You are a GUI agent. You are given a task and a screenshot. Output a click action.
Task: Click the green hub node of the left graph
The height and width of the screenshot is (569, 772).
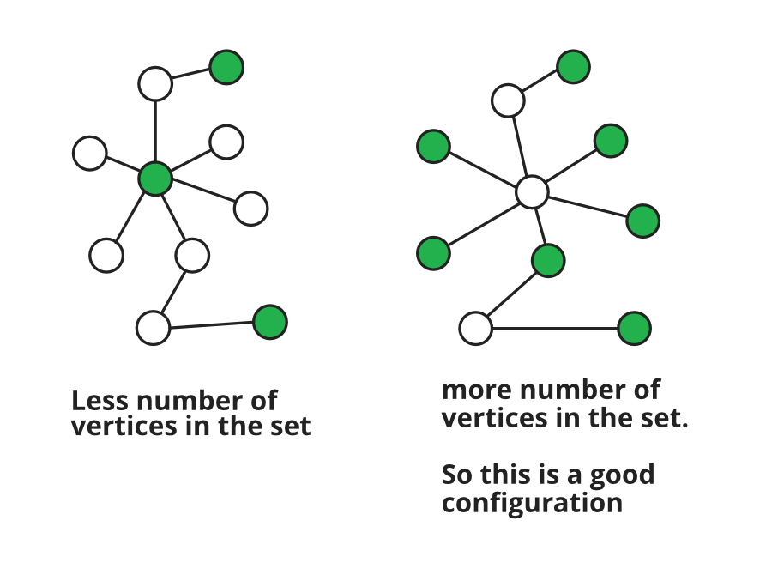tap(155, 179)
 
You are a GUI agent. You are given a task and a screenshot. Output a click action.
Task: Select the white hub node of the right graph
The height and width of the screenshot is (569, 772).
tap(532, 191)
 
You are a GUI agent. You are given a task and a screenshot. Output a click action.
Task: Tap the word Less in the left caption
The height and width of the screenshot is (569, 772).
tap(100, 400)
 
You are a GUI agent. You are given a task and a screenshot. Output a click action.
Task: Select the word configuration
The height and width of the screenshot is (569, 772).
tap(532, 504)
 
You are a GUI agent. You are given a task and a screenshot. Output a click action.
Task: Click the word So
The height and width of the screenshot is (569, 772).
tap(458, 475)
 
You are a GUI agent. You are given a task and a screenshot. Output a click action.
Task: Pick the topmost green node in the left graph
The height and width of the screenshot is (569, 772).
tap(227, 67)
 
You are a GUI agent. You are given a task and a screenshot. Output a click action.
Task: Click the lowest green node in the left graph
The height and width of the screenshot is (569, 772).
tap(270, 322)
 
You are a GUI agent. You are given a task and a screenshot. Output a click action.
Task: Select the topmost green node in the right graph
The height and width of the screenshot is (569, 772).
tap(574, 66)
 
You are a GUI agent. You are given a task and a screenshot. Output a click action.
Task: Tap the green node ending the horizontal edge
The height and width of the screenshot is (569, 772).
tap(635, 328)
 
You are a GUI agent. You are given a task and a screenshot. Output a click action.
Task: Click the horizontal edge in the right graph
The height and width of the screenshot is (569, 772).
tap(555, 328)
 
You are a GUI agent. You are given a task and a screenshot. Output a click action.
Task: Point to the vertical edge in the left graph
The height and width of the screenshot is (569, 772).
tap(155, 131)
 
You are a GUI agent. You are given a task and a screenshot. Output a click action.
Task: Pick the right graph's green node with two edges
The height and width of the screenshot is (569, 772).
tap(548, 261)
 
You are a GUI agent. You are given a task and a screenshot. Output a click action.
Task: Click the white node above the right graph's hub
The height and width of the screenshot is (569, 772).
tap(508, 100)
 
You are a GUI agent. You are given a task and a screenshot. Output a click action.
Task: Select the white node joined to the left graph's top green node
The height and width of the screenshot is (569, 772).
tap(155, 84)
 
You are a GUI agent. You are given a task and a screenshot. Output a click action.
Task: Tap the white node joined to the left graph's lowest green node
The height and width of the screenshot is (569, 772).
tap(154, 328)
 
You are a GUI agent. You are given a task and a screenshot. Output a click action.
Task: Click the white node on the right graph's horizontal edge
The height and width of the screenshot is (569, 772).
tap(475, 328)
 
